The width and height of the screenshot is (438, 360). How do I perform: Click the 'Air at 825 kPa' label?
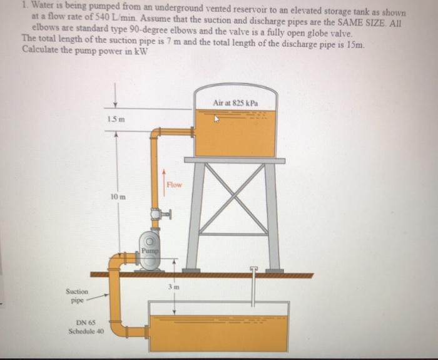pos(235,101)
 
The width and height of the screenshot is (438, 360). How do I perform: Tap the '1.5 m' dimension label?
pos(113,120)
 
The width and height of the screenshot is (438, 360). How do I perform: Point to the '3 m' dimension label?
pos(168,286)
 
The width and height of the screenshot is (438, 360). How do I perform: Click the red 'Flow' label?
pos(175,185)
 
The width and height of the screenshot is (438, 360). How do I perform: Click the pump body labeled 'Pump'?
pos(150,247)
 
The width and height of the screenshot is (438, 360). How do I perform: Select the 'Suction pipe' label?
pos(78,296)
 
